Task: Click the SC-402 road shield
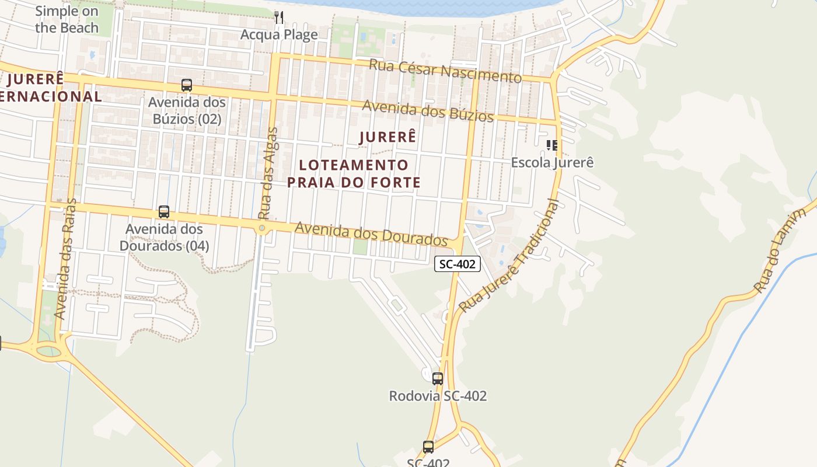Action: (x=458, y=264)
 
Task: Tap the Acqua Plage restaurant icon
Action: (x=279, y=18)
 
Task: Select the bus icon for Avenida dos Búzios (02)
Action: (x=187, y=85)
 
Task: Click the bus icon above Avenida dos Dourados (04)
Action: (x=164, y=212)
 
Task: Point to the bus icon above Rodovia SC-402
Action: (x=438, y=378)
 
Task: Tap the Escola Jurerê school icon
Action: (x=551, y=145)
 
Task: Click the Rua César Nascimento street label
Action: (x=445, y=70)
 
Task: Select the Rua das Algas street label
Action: (x=267, y=173)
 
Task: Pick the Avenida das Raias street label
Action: (x=65, y=259)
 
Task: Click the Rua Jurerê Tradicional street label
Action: (x=509, y=256)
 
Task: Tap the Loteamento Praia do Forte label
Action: (x=354, y=173)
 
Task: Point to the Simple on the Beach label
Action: (x=67, y=19)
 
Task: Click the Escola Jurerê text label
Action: (x=552, y=162)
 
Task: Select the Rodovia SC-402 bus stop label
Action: (x=438, y=396)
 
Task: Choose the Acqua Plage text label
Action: (x=279, y=34)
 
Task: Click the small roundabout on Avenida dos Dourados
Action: (x=262, y=228)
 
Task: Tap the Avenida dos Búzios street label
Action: (x=428, y=111)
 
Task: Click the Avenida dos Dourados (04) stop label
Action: (x=164, y=237)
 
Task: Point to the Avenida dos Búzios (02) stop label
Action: (x=187, y=110)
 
